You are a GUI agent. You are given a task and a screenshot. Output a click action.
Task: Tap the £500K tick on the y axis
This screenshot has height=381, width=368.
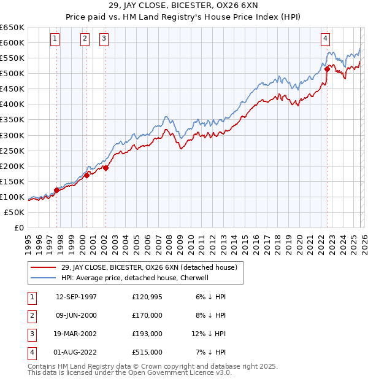12,74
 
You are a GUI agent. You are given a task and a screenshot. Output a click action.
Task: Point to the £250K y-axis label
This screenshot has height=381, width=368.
12,151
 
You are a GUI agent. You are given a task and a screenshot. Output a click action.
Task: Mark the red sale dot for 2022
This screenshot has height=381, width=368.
327,69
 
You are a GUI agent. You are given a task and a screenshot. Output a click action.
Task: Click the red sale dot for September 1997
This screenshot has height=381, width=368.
56,190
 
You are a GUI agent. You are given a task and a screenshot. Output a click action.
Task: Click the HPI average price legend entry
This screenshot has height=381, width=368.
135,278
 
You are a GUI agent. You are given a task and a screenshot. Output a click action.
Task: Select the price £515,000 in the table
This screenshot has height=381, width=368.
147,352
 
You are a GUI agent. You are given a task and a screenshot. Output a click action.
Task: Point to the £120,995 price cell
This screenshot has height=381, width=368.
147,297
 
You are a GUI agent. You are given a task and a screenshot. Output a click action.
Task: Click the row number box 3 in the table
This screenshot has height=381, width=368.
30,334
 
